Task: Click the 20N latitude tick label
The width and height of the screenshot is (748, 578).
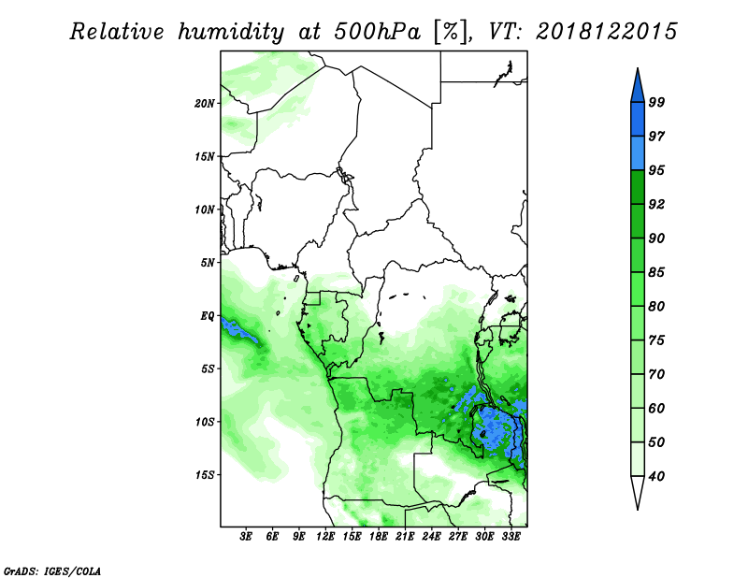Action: (x=204, y=104)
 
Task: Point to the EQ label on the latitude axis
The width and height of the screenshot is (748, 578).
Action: (x=208, y=316)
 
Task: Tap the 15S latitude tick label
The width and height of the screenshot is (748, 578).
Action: (x=204, y=475)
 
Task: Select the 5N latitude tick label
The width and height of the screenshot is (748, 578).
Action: (x=208, y=263)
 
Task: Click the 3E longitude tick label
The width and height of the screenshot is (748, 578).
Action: (x=246, y=537)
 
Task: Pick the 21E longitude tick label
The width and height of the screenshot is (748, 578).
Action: (x=405, y=537)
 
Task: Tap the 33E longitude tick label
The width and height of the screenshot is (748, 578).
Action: (x=511, y=537)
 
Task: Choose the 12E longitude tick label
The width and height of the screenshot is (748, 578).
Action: (x=324, y=537)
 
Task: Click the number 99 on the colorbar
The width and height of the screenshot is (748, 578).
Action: (x=656, y=102)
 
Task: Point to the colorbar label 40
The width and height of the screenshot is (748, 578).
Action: (x=656, y=476)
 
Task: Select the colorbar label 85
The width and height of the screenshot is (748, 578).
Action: (x=656, y=272)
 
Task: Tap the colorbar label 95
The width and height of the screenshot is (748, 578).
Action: (x=656, y=170)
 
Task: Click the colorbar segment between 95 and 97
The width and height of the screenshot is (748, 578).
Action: (x=638, y=153)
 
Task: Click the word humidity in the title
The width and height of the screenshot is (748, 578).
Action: (x=231, y=32)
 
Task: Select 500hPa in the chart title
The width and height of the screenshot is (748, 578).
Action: (x=378, y=32)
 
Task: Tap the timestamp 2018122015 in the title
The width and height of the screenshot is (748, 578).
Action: (x=606, y=32)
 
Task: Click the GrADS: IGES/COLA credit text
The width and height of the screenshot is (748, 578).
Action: (x=52, y=571)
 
